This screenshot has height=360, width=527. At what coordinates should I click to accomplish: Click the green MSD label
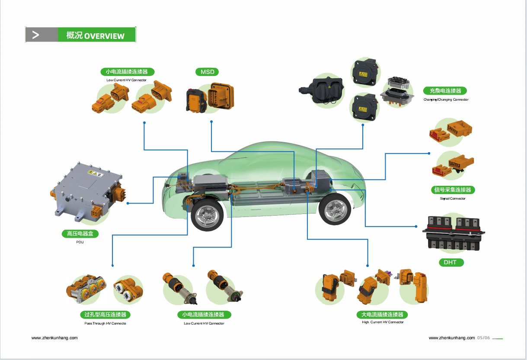[x=207, y=72]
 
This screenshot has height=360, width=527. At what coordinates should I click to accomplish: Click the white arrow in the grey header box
[x=36, y=35]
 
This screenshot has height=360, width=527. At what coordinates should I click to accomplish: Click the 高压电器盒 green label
[x=80, y=234]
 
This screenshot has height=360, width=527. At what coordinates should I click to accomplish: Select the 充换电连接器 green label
[x=445, y=91]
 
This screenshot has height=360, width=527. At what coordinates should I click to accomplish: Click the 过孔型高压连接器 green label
[x=105, y=315]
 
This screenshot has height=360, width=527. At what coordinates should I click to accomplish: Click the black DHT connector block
[x=454, y=233]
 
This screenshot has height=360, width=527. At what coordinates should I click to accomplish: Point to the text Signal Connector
[x=452, y=198]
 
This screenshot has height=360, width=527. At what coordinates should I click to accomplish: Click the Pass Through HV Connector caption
[x=105, y=323]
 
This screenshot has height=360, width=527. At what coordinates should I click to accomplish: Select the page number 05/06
[x=483, y=338]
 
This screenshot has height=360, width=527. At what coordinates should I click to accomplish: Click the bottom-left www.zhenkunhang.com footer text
[x=54, y=338]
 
